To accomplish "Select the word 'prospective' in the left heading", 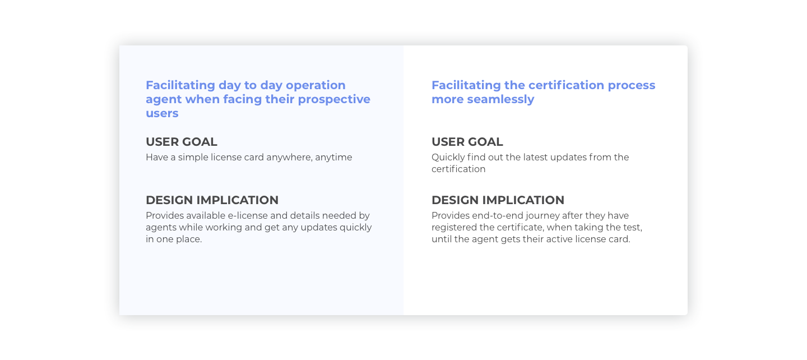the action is [334, 99].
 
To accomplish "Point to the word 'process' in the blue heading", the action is [632, 85].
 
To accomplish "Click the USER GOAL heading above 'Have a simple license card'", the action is [182, 142].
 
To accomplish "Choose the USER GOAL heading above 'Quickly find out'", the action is [467, 142].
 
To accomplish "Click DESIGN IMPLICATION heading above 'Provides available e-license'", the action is [212, 200].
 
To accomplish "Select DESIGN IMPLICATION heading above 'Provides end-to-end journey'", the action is [498, 200].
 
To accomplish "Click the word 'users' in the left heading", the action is [162, 113].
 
